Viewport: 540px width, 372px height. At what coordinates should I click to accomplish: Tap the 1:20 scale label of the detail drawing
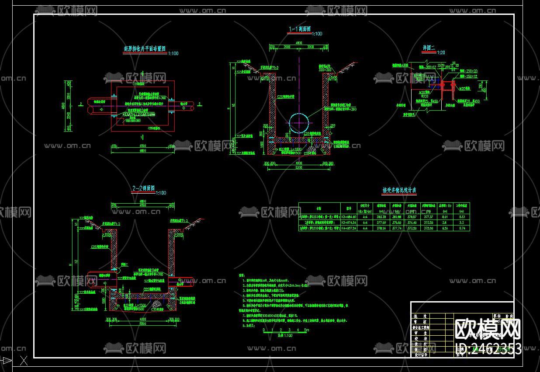pos(441,52)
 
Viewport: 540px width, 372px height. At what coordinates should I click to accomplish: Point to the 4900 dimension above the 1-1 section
pos(299,43)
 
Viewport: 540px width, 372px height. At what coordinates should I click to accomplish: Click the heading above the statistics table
pos(399,191)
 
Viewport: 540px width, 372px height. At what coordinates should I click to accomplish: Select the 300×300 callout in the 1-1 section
pos(325,70)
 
